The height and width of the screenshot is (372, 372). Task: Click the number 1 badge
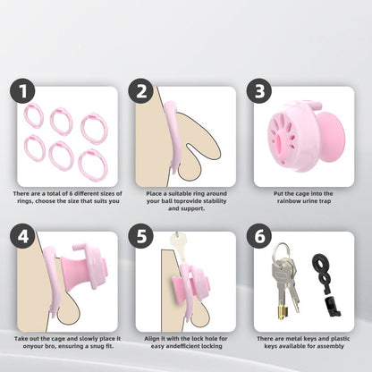pyautogui.click(x=22, y=91)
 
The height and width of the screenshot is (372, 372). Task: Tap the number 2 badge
pyautogui.click(x=141, y=91)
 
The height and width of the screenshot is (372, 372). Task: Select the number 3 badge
pyautogui.click(x=259, y=91)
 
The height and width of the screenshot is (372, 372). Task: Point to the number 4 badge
pyautogui.click(x=22, y=236)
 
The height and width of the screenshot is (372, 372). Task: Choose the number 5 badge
pyautogui.click(x=141, y=236)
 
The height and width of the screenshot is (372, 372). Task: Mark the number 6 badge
pyautogui.click(x=259, y=236)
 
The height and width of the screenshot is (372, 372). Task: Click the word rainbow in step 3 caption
pyautogui.click(x=288, y=201)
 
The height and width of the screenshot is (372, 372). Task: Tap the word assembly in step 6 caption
pyautogui.click(x=331, y=346)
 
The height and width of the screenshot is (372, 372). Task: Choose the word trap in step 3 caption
pyautogui.click(x=325, y=201)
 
